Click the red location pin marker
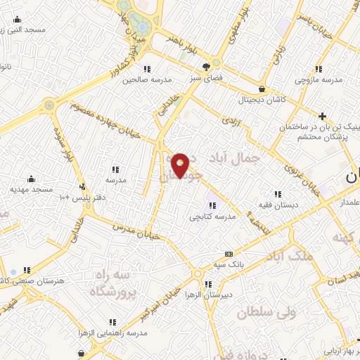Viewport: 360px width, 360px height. (181, 164)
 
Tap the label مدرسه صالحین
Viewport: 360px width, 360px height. (147, 79)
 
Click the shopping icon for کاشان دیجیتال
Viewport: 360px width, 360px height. (262, 89)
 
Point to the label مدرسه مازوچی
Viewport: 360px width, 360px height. (319, 79)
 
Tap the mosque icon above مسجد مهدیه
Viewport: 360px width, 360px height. (31, 179)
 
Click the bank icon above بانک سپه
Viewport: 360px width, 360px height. (229, 254)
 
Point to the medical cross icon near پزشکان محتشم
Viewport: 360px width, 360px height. (322, 115)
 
